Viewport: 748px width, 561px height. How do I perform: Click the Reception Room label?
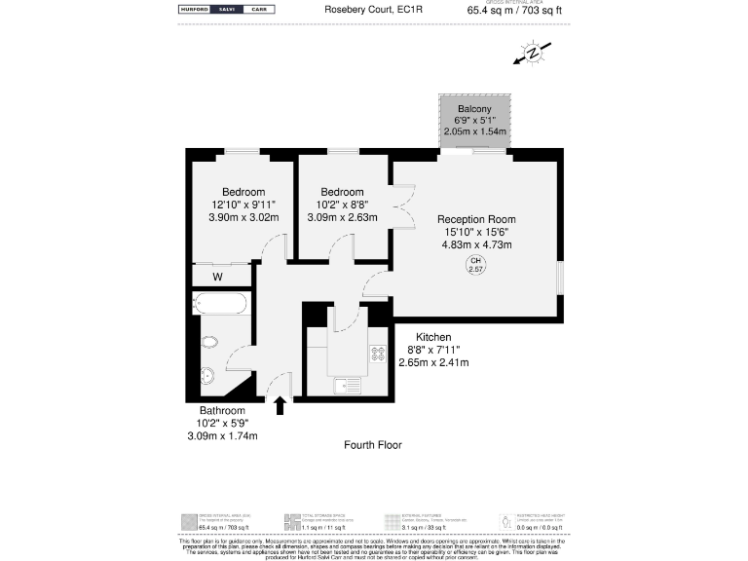pyautogui.click(x=475, y=219)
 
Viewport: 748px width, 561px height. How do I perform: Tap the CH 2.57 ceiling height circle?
pyautogui.click(x=476, y=265)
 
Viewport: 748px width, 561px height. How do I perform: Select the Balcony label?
pyautogui.click(x=474, y=109)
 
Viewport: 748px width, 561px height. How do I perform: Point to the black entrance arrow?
pyautogui.click(x=280, y=404)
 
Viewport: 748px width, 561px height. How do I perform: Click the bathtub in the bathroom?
pyautogui.click(x=220, y=304)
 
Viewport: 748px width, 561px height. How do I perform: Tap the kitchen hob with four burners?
pyautogui.click(x=377, y=357)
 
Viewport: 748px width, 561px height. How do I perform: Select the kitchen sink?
pyautogui.click(x=347, y=387)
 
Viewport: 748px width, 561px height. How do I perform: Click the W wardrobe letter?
pyautogui.click(x=218, y=278)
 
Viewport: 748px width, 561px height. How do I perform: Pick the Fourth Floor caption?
pyautogui.click(x=373, y=445)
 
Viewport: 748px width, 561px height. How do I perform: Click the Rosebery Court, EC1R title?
pyautogui.click(x=366, y=11)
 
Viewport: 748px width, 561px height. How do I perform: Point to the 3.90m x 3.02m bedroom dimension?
pyautogui.click(x=243, y=218)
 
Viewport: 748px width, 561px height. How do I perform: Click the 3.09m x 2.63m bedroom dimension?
pyautogui.click(x=342, y=218)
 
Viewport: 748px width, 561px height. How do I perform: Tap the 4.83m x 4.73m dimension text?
pyautogui.click(x=476, y=244)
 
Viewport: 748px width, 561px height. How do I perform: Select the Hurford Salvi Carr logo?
pyautogui.click(x=226, y=10)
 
